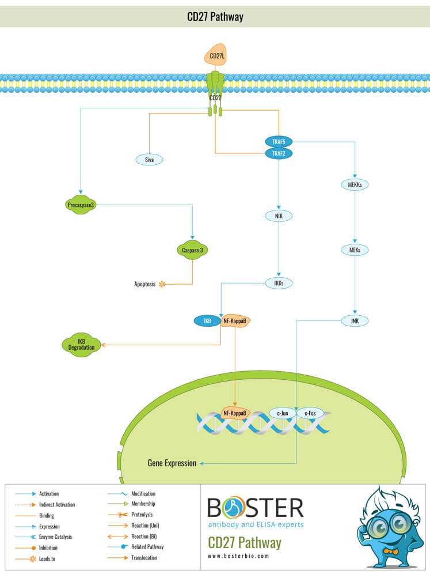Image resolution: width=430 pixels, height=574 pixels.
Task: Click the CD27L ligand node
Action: tap(216, 55)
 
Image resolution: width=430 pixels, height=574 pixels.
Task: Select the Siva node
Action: tap(149, 160)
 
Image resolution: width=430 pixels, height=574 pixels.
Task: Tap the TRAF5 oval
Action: tap(279, 141)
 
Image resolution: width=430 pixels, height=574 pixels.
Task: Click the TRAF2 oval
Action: tap(279, 153)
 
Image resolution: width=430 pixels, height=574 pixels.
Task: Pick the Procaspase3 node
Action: tap(80, 205)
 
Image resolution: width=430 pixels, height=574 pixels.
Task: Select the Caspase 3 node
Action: tap(192, 250)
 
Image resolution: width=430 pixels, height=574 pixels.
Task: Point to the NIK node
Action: tap(279, 216)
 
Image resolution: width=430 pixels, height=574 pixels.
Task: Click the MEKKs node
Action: tap(355, 184)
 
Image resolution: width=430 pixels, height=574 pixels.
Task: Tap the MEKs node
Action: tap(355, 250)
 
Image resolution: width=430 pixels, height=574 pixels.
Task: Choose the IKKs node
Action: tap(279, 283)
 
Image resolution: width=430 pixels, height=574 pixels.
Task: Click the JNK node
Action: tap(355, 320)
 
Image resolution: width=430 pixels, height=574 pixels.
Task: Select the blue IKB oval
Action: tap(207, 320)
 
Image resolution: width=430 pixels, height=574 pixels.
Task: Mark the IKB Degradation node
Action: tap(81, 345)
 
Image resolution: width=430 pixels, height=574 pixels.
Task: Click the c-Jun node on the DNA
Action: tap(283, 413)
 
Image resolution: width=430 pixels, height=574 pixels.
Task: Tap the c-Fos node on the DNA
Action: tap(310, 413)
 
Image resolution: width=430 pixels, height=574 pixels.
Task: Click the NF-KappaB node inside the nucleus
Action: tap(235, 413)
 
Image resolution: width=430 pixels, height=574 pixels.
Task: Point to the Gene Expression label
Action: tap(172, 463)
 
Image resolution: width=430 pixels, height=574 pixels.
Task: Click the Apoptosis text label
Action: tap(144, 284)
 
